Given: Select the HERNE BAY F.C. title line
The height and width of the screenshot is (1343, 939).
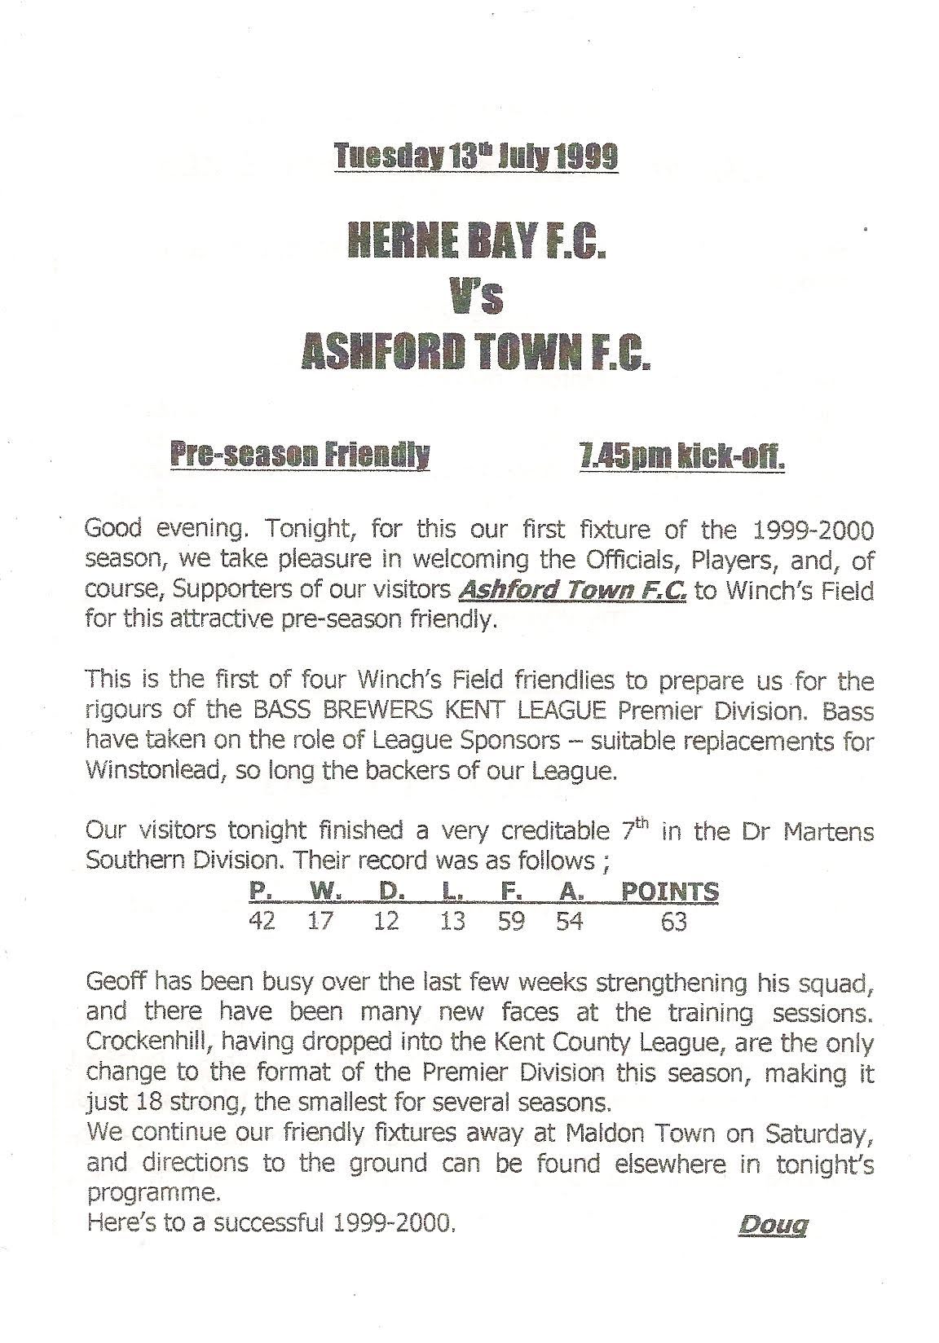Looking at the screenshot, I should coord(476,242).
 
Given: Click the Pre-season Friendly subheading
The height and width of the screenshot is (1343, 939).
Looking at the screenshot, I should coord(299,456).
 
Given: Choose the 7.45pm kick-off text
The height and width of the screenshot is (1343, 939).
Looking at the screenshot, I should coord(676,458).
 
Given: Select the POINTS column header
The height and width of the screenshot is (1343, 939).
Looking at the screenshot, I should coord(670,892).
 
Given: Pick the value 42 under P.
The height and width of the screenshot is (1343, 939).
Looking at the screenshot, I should coord(262,922).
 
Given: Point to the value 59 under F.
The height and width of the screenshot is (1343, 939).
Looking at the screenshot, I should coord(511,922).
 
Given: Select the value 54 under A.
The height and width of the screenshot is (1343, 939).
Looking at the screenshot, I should coord(569,922).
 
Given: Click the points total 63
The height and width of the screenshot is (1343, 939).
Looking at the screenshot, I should coord(673,922).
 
